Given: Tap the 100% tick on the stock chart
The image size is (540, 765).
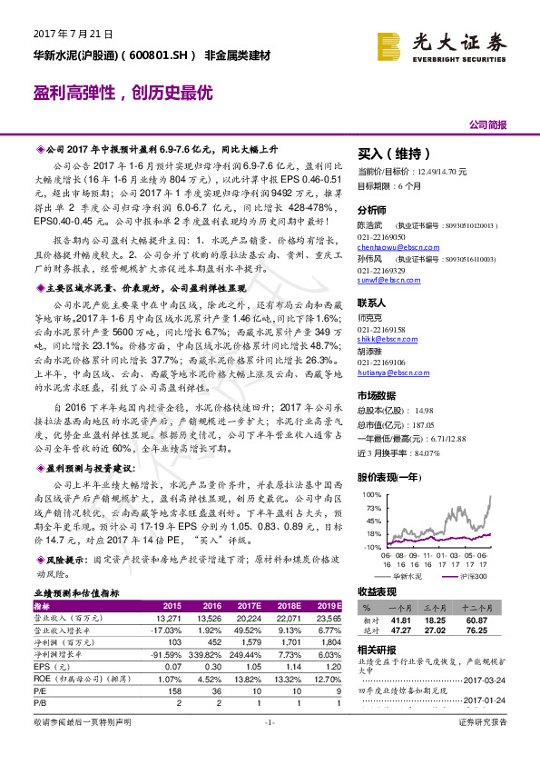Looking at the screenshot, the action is pyautogui.click(x=371, y=494).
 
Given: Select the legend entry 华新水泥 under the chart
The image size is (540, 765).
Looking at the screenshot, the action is pyautogui.click(x=407, y=576).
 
